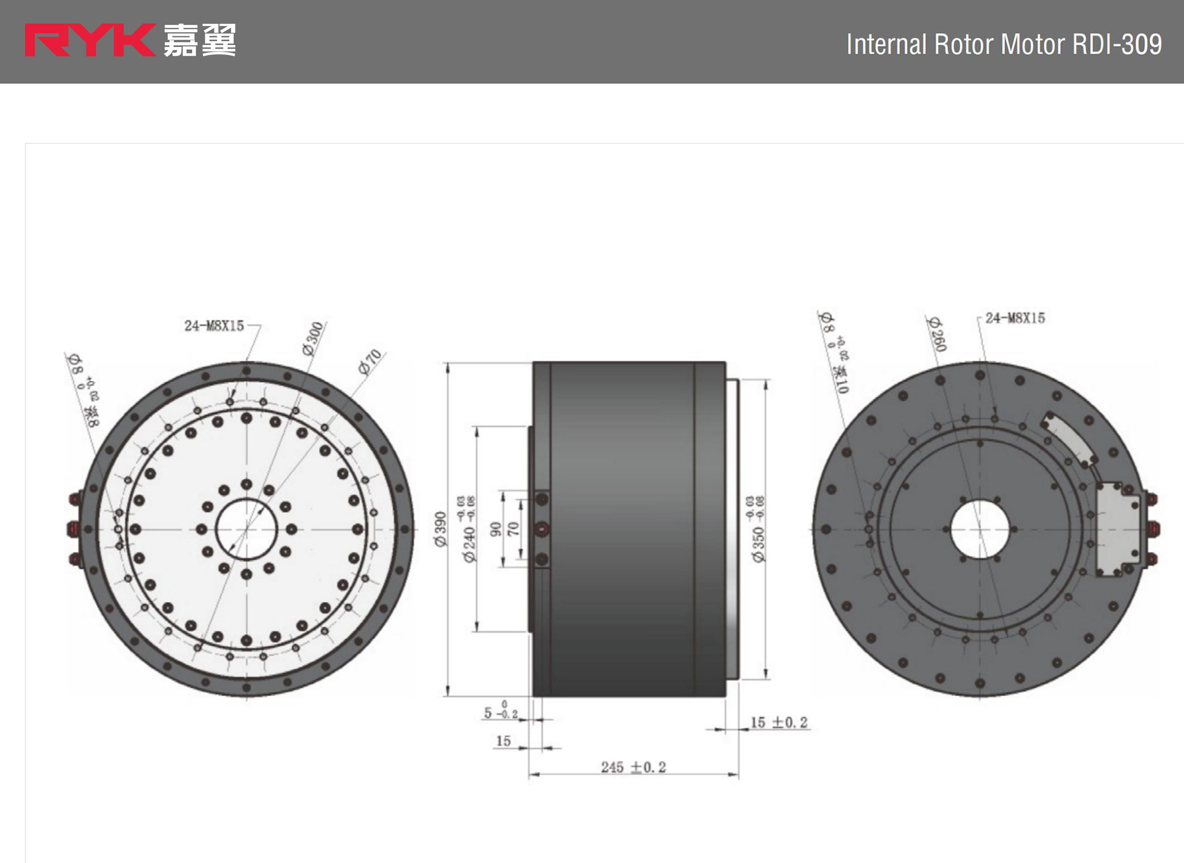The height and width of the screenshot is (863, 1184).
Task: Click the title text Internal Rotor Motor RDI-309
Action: (x=1003, y=44)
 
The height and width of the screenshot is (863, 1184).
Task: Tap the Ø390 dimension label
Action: (x=441, y=529)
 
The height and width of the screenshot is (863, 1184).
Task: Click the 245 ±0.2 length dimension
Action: (x=633, y=767)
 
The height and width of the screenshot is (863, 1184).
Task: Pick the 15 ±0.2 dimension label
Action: (x=778, y=722)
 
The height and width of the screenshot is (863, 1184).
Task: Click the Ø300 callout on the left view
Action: (x=313, y=338)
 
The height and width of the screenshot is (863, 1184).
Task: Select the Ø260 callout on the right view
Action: (x=936, y=334)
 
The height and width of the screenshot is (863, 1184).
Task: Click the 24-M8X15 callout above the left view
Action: (x=214, y=326)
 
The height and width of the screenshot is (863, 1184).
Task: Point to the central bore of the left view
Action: (x=246, y=529)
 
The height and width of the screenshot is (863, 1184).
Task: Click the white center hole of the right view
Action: (x=980, y=529)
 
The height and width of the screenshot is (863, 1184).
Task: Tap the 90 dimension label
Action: (x=495, y=529)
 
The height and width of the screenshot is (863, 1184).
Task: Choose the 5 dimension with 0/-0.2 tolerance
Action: (x=500, y=712)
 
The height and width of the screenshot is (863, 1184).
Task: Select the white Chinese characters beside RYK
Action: (x=200, y=40)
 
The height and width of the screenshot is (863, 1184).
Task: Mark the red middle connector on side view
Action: (x=542, y=529)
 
